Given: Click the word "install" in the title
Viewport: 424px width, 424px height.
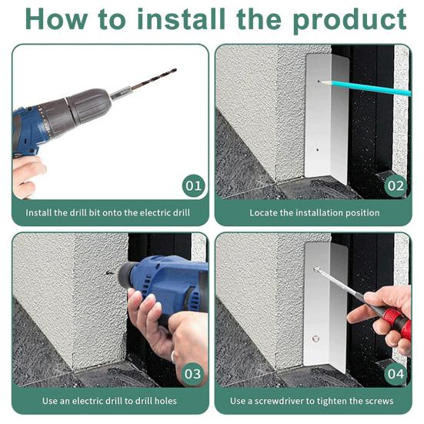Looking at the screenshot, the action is click(x=182, y=18).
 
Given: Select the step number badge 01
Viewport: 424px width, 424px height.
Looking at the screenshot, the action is click(x=193, y=185).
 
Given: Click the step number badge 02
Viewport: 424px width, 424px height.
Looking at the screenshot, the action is click(x=396, y=185).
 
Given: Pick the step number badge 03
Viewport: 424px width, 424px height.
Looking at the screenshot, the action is click(x=192, y=374).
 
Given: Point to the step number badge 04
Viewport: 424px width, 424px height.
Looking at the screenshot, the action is click(x=396, y=374).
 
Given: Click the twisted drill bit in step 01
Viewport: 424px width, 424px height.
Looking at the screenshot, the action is click(x=153, y=79).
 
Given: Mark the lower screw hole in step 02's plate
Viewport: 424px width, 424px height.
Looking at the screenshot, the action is click(x=318, y=149).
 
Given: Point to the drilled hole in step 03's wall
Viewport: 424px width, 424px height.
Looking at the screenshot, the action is click(x=109, y=273).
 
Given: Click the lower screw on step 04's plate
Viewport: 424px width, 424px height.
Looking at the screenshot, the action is click(x=315, y=339).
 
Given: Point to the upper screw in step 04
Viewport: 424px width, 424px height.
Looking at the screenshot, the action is click(x=316, y=269).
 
